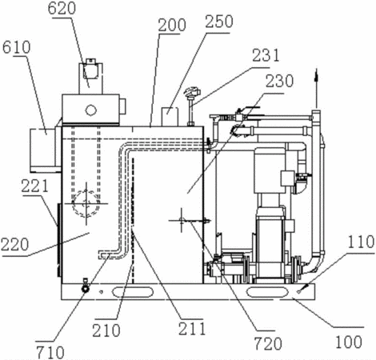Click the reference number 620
tap(62, 8)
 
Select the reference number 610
tap(17, 47)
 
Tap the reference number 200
tap(172, 25)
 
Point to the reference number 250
tap(219, 22)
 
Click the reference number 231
tap(266, 55)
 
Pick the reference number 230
tap(279, 81)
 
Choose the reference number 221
tap(35, 186)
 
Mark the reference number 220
tap(14, 245)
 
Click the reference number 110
tap(361, 242)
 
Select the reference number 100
tap(349, 342)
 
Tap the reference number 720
tap(268, 343)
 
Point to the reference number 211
tap(192, 329)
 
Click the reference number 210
tap(106, 330)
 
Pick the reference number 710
tap(50, 352)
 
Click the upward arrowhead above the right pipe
tap(316, 75)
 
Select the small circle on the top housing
tap(90, 110)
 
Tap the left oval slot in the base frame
tap(133, 292)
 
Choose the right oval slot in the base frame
tap(266, 292)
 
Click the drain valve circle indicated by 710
tap(86, 289)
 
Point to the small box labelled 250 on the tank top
tap(170, 117)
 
